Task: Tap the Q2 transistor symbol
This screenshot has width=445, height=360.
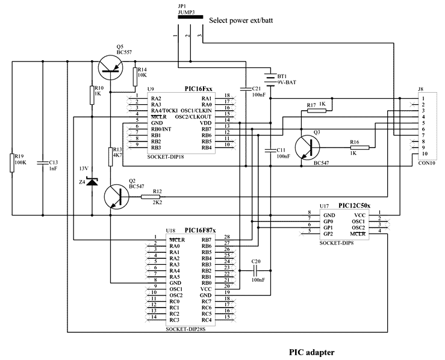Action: (114, 197)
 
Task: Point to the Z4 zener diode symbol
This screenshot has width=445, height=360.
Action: (92, 181)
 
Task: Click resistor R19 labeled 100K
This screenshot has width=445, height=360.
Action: (12, 163)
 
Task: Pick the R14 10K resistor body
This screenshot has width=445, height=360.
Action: (134, 76)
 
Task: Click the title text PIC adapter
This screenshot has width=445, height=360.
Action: (311, 352)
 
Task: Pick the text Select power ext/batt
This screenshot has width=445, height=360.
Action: (240, 21)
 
